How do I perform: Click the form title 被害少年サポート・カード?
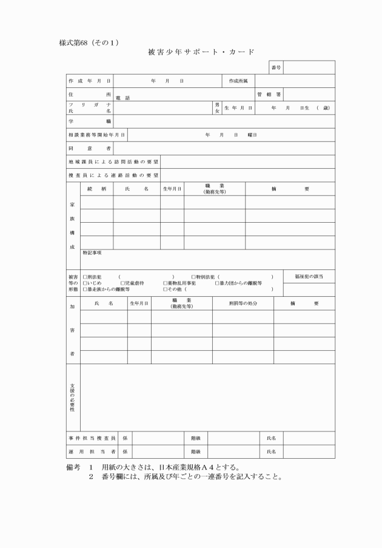click(201, 52)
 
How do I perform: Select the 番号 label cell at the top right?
click(276, 67)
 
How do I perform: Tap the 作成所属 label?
click(238, 81)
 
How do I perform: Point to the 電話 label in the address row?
click(122, 98)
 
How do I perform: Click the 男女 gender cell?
click(216, 107)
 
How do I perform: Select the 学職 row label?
click(90, 121)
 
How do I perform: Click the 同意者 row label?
click(90, 148)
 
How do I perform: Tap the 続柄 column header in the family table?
click(96, 189)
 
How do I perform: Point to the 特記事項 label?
click(92, 252)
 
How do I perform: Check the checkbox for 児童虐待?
click(122, 283)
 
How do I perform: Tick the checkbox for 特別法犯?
click(193, 276)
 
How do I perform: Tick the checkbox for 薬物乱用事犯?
click(165, 283)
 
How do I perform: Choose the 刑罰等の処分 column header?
click(243, 303)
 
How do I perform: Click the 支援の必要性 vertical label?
click(73, 397)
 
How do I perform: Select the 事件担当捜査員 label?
click(91, 438)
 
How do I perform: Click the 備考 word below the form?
click(73, 467)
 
